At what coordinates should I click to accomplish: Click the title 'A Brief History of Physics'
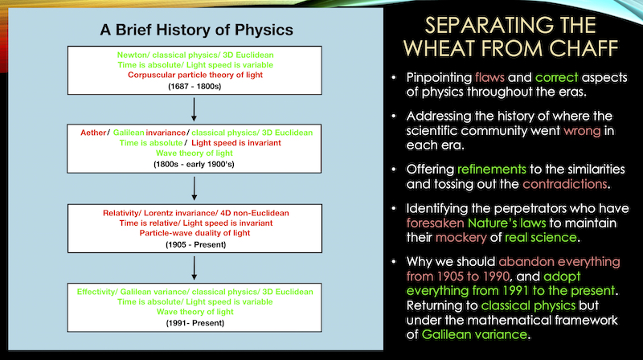coord(196,30)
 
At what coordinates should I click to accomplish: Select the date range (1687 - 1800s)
coord(195,87)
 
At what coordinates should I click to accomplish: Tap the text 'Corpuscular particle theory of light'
coord(195,75)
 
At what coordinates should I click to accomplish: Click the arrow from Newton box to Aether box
coord(194,109)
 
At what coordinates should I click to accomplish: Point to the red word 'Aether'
coord(93,133)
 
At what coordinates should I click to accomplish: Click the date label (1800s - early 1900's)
coord(194,165)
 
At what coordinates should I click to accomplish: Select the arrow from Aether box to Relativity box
coord(194,188)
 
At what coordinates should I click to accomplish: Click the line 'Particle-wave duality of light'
coord(195,233)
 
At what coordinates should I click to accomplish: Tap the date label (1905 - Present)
coord(195,245)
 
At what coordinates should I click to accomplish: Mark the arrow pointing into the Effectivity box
coord(194,268)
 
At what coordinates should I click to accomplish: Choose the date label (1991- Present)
coord(195,323)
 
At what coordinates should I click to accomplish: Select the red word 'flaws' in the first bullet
coord(489,77)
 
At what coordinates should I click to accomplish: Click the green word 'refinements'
coord(492,170)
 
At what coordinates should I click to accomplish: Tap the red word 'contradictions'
coord(565,184)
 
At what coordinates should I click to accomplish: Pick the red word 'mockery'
coord(461,238)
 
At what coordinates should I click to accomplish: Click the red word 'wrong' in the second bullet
coord(582,131)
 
